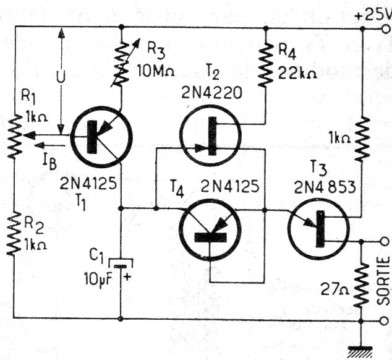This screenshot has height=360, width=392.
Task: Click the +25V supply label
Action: (373, 13)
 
